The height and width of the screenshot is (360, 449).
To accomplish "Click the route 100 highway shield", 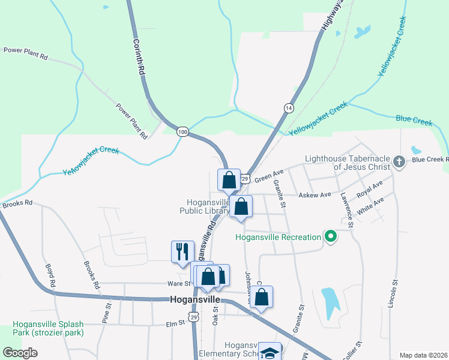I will coord(182,131).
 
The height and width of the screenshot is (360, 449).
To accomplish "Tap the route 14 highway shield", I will coord(289,107).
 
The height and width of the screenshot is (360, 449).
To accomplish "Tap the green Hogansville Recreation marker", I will coord(330,237).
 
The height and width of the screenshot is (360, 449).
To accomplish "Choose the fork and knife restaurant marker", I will coord(182,251).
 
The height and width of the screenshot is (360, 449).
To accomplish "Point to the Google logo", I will coord(20,353).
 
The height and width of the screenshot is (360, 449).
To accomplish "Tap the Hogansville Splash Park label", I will coord(47,328).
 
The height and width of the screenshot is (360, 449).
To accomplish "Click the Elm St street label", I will coord(175,324).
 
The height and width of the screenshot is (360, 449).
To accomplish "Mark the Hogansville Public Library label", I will coord(204,206).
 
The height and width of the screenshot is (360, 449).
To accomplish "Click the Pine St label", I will coord(109,313).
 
